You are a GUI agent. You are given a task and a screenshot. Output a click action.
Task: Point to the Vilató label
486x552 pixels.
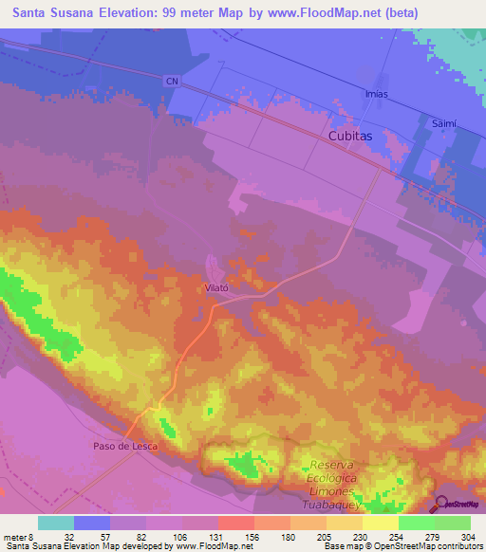(218, 285)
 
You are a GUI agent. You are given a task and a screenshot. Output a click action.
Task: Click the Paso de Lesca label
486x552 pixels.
(123, 445)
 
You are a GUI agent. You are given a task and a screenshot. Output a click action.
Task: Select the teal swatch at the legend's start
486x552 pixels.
(56, 523)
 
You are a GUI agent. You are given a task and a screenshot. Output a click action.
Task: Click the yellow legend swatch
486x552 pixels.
(380, 523)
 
